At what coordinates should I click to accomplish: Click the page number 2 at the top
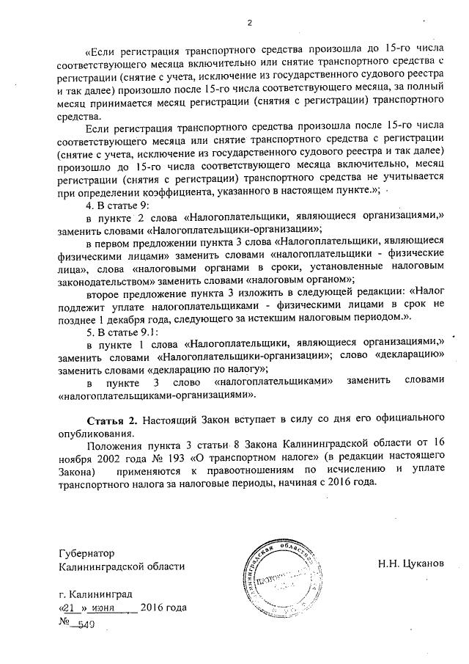249,21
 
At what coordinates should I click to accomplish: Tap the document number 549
86,623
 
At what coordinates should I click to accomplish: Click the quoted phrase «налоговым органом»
290,258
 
